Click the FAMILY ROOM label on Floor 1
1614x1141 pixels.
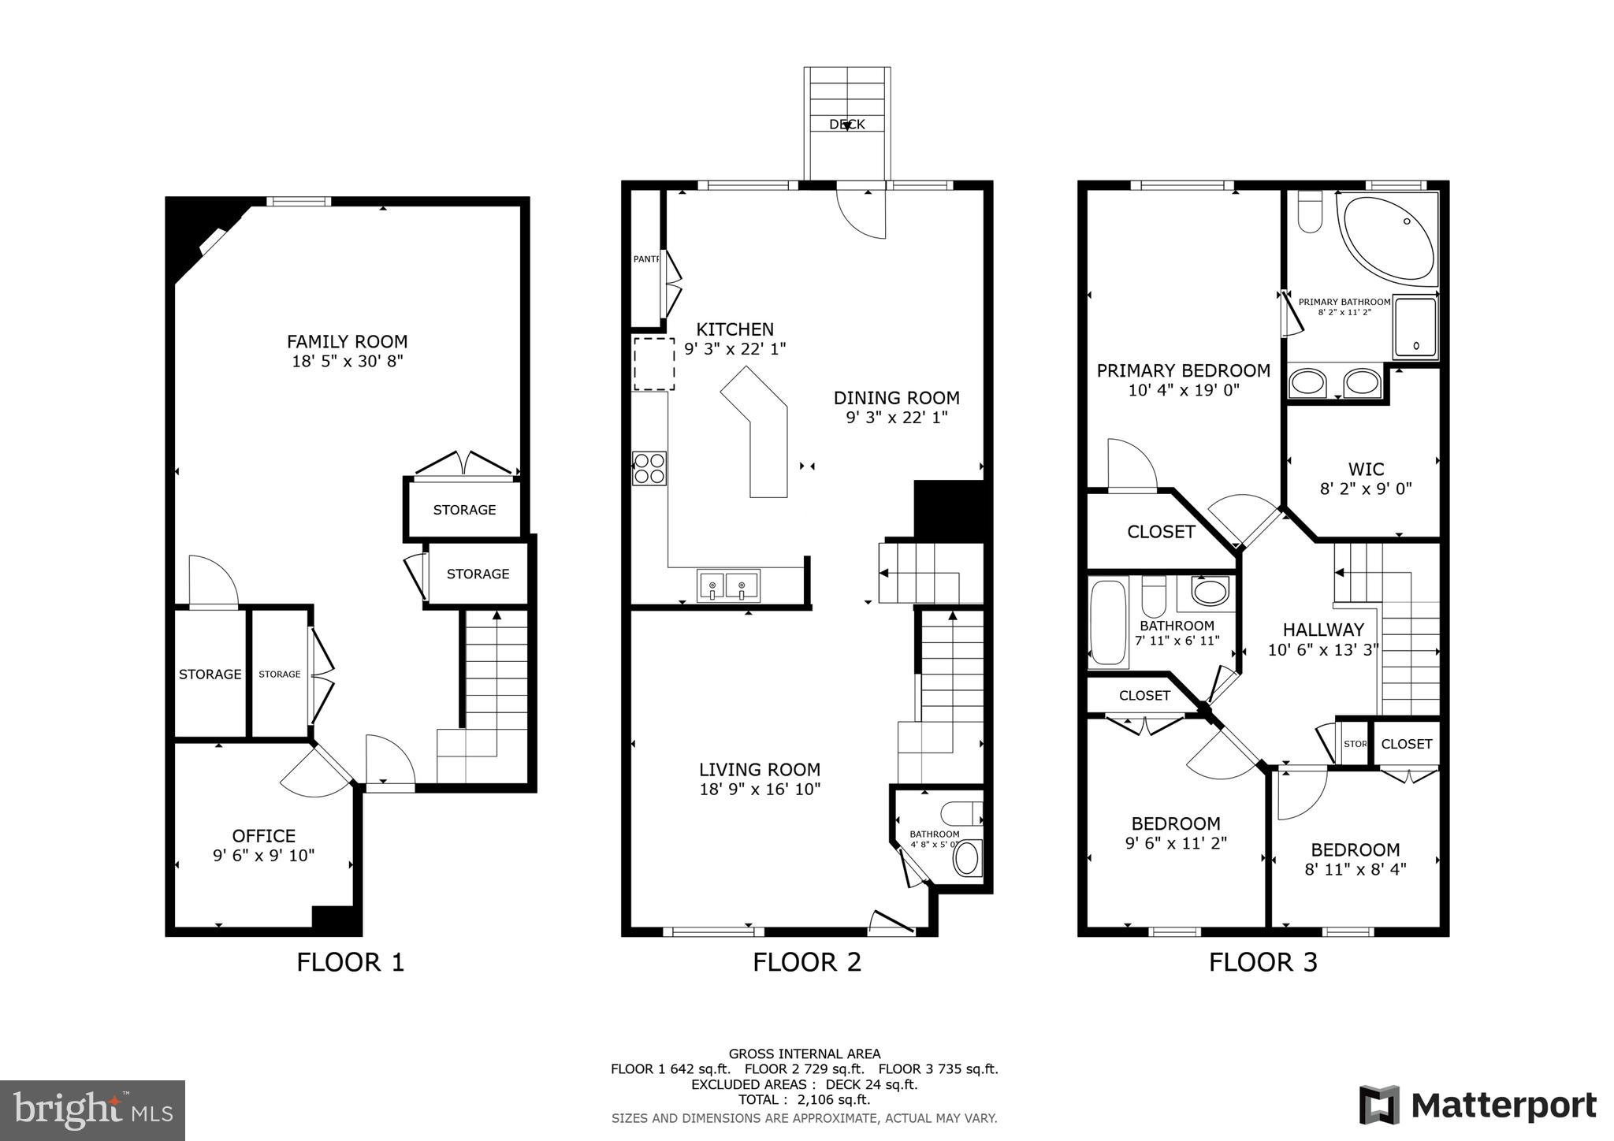(x=347, y=341)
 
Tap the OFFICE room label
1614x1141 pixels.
(x=263, y=835)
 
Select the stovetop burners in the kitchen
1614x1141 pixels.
(x=649, y=468)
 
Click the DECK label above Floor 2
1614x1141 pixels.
(x=846, y=125)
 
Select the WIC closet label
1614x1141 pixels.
(x=1366, y=469)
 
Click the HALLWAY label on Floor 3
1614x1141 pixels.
(x=1322, y=630)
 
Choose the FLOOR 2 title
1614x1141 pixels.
(x=806, y=962)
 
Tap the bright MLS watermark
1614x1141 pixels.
(x=92, y=1110)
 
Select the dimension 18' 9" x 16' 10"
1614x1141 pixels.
(x=760, y=790)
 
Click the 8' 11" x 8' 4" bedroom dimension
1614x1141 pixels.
(x=1355, y=869)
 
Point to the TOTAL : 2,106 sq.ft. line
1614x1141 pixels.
(x=804, y=1100)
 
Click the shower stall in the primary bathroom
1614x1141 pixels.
(x=1415, y=327)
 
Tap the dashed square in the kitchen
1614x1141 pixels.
(x=654, y=363)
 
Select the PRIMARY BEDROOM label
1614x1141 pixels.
(x=1183, y=370)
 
